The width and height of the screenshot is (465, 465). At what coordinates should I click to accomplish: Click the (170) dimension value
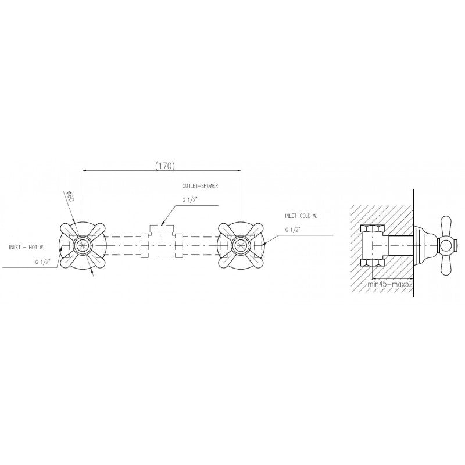(165, 166)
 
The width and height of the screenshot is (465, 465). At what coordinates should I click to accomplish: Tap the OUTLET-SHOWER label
(200, 186)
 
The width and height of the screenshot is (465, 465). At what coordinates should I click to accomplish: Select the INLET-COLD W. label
(301, 216)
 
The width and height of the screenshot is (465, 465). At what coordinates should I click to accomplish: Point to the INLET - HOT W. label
(26, 248)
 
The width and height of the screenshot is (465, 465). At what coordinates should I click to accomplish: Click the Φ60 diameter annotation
(70, 197)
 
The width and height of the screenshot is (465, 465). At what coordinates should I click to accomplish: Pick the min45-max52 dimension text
(390, 284)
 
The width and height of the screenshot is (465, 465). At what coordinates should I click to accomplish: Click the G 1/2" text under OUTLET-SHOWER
(190, 199)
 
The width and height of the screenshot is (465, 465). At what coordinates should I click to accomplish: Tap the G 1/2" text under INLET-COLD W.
(293, 229)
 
